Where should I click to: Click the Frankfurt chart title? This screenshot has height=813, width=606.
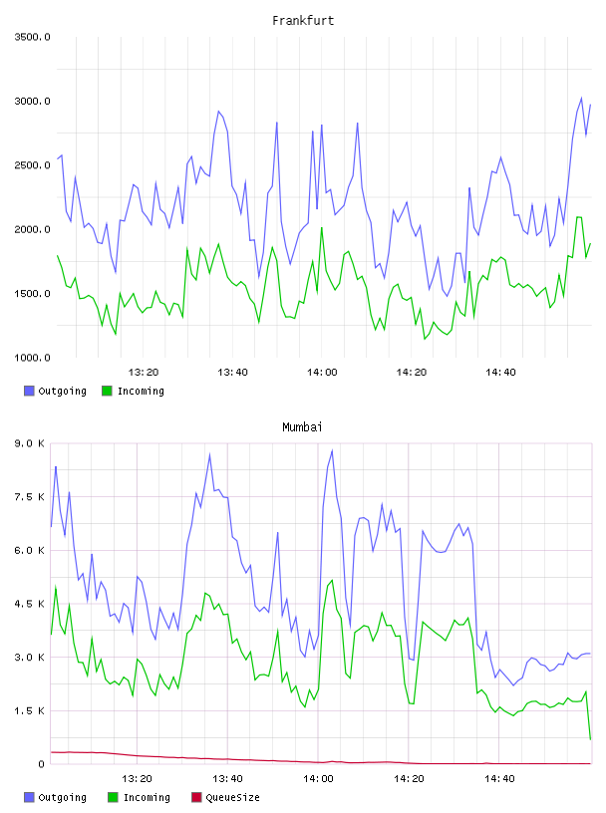[303, 21]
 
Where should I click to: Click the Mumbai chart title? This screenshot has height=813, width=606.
[302, 427]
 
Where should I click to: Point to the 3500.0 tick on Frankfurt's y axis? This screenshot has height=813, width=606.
[32, 37]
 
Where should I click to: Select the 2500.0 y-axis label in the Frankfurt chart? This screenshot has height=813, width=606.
[32, 165]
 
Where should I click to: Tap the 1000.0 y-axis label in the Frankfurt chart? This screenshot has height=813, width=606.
[32, 358]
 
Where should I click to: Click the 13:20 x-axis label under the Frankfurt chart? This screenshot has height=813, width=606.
[144, 373]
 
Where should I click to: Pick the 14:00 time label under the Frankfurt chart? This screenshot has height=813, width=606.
[322, 373]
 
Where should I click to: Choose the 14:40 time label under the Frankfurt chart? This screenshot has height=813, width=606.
[500, 373]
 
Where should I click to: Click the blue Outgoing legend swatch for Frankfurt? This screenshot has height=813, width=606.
[29, 391]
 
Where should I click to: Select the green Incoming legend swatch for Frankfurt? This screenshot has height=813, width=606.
[107, 391]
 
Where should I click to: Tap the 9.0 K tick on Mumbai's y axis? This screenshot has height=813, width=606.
[30, 443]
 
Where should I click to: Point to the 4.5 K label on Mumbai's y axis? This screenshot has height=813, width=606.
[30, 604]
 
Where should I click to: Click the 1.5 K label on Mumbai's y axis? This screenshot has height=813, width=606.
[30, 710]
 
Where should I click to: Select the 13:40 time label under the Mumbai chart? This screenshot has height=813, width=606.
[227, 779]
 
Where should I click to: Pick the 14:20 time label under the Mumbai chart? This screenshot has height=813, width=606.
[409, 779]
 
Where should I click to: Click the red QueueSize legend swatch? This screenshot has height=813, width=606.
[196, 797]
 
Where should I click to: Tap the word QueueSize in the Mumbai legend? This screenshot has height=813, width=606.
[232, 798]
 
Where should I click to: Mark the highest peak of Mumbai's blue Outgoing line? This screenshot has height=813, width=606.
[332, 450]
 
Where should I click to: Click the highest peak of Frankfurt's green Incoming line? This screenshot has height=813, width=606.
[579, 217]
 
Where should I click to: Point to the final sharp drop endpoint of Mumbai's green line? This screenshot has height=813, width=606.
[590, 739]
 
